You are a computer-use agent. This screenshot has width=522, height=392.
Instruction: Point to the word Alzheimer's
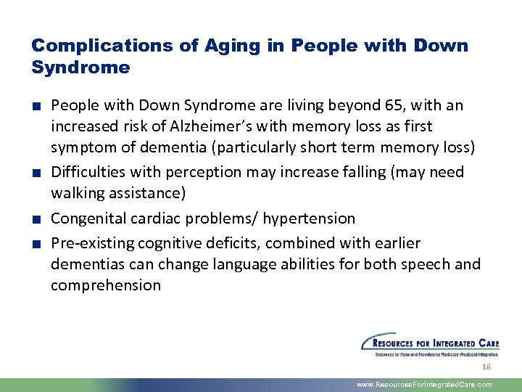210,126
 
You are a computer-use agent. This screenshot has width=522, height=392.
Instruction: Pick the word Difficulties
86,172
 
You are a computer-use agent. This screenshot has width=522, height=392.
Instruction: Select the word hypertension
309,219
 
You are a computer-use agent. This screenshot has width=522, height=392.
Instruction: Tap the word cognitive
170,242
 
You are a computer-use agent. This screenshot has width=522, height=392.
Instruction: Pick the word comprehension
106,285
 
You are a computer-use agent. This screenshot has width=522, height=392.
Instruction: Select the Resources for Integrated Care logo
430,345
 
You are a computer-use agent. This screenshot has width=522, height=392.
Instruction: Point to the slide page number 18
486,367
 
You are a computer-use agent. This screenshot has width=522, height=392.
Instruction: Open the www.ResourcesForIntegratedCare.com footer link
424,385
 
